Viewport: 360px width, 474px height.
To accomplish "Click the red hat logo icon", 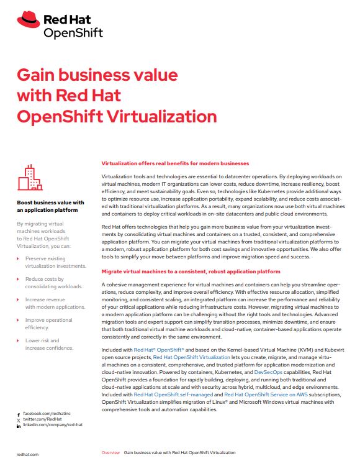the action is pos(29,20).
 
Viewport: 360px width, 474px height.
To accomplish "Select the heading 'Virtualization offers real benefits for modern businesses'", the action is pos(174,163).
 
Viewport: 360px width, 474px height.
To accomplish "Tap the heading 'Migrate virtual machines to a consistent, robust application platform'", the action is pos(190,271).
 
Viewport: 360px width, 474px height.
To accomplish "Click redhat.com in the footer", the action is pos(27,455).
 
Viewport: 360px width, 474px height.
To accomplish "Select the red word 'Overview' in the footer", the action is pos(110,453).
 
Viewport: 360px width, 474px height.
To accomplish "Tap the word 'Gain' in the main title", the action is pos(38,76).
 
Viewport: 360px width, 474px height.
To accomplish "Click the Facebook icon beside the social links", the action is pos(18,413).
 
